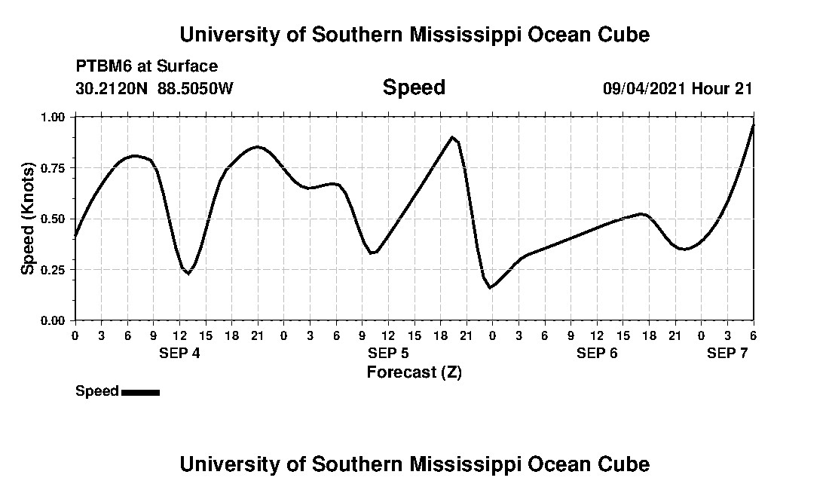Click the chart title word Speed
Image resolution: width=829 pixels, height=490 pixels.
414,87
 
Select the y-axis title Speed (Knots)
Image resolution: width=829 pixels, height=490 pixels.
28,219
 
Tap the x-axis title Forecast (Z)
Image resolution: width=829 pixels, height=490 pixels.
414,372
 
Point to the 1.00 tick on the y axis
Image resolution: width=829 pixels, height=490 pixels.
54,117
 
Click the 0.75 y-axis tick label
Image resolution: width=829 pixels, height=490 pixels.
54,167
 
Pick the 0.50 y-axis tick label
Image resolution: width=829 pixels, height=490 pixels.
54,219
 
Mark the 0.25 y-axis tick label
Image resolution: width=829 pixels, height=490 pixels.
54,269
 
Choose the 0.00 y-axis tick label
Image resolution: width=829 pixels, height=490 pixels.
54,320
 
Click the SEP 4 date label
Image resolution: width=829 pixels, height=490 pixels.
179,354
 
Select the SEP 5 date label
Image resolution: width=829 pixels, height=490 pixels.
388,354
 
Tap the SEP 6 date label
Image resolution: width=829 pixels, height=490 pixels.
597,354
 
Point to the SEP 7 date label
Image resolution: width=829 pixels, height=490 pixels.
727,354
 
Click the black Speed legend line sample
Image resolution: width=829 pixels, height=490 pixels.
140,392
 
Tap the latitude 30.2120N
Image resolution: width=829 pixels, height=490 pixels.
113,88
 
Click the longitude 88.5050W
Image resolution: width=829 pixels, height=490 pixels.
196,88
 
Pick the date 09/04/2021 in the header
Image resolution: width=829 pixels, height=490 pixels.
644,88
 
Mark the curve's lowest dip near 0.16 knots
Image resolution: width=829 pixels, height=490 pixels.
490,287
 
